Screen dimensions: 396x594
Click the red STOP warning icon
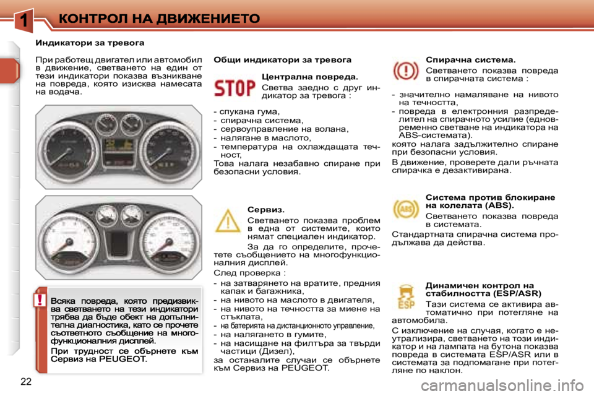234,88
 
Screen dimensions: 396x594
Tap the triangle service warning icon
227,222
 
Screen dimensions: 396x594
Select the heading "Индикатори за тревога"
90,43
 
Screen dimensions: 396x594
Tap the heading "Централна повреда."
310,77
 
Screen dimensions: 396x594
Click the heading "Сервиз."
265,210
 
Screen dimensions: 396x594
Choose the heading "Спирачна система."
471,60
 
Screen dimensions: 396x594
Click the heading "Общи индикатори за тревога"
282,60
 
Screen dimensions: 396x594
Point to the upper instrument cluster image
119,147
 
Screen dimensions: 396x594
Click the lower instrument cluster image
119,237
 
